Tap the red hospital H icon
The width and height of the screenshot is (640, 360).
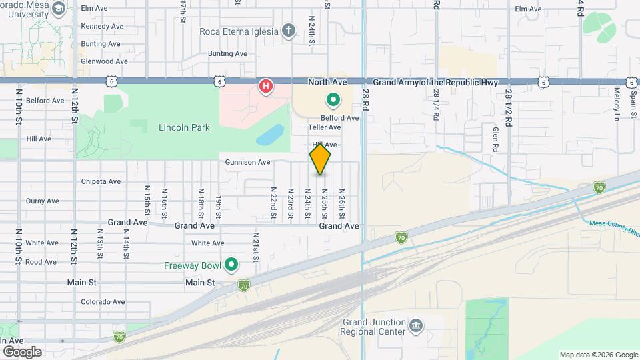tap(266, 86)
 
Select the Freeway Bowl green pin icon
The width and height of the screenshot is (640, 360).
tap(232, 265)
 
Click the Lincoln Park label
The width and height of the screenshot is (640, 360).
tap(184, 127)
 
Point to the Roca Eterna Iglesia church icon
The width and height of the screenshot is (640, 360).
tap(289, 31)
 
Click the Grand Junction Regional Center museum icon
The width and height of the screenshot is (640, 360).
tap(417, 325)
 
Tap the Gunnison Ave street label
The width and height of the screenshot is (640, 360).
tap(247, 162)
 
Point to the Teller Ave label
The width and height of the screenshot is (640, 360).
tap(325, 127)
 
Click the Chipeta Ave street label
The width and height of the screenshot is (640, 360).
tap(101, 181)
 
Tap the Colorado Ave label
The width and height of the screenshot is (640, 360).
tap(103, 301)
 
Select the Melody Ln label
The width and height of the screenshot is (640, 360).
tap(617, 104)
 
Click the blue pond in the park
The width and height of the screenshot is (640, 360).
tap(269, 136)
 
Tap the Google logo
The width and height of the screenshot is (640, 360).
tap(22, 351)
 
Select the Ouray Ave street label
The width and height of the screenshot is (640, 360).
tap(43, 201)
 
